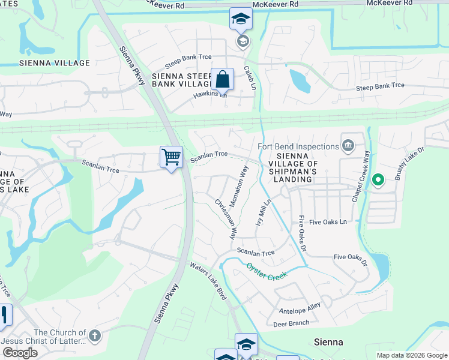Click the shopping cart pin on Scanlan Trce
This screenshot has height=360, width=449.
[x=172, y=157]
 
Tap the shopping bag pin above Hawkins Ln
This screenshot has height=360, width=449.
[x=222, y=79]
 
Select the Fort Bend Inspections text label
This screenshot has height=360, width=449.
[x=298, y=146]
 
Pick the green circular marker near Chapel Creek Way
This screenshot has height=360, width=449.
[x=378, y=179]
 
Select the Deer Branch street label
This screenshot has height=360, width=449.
[x=291, y=323]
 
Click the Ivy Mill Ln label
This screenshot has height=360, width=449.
[x=263, y=212]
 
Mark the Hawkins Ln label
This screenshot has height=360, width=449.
[x=210, y=95]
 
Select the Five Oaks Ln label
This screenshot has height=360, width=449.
[x=327, y=222]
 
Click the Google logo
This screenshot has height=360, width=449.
[x=20, y=352]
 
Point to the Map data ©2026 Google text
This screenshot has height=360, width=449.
[x=411, y=355]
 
